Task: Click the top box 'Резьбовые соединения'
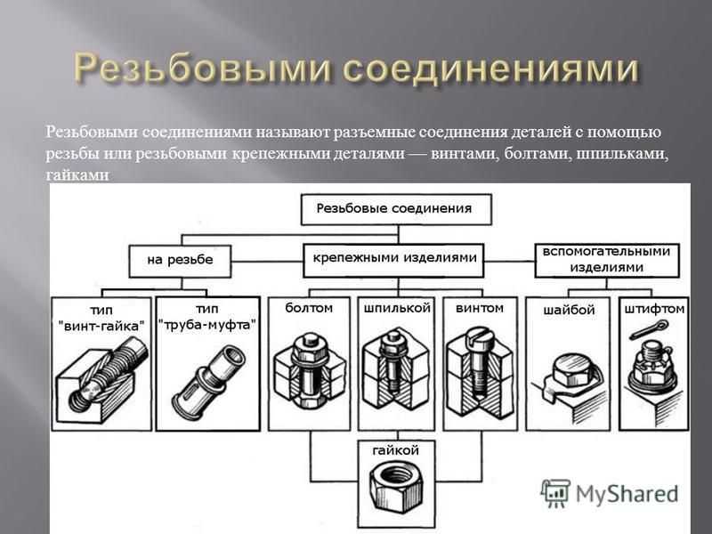point(396,209)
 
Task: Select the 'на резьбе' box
point(180,261)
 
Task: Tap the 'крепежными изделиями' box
point(393,260)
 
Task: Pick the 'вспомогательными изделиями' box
point(607,260)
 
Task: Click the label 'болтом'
point(309,308)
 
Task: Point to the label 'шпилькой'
point(397,308)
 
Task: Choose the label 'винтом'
point(480,308)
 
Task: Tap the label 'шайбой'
point(569,310)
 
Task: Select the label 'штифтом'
point(654,309)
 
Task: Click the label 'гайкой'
point(395,450)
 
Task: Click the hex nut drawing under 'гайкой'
point(396,486)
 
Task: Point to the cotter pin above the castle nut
point(650,329)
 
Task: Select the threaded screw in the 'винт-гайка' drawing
point(109,370)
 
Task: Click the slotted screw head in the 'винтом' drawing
point(476,336)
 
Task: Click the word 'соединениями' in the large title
point(490,69)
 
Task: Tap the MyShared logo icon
point(554,493)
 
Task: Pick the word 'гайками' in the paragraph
point(77,175)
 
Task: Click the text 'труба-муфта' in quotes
point(207,325)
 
